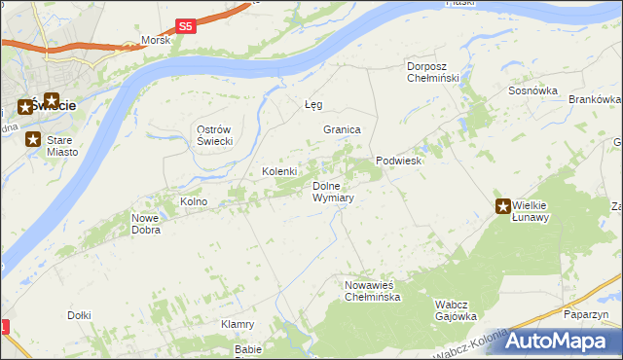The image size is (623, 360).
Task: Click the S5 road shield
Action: point(186,26)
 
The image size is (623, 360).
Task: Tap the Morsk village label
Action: point(155,40)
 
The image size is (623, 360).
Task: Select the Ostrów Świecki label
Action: point(213,136)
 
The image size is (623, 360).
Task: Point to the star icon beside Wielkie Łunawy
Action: point(503,205)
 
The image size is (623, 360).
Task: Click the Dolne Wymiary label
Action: point(332,192)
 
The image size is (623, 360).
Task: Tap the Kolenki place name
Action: point(278,171)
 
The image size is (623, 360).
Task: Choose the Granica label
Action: point(343,129)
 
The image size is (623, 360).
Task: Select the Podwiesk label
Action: point(398,162)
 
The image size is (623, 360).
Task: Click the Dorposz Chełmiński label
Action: point(438,72)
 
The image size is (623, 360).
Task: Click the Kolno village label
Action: point(194,201)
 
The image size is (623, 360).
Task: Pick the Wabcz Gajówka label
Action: point(455,310)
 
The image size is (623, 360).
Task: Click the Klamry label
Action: point(238,324)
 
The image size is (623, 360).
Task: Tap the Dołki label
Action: point(79,314)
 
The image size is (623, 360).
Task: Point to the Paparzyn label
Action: point(585,314)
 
